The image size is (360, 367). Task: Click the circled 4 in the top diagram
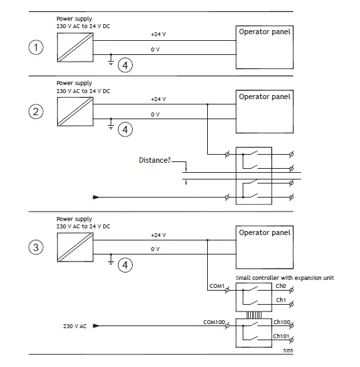point(125,65)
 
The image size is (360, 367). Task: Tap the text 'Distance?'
point(155,161)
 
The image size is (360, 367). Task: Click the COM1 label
point(216,287)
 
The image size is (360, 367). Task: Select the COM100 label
point(214,322)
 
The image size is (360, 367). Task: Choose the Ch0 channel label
point(281,286)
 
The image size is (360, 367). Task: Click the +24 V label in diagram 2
point(158,99)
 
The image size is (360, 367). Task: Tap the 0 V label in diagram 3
point(156,250)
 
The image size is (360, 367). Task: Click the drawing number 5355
point(288,350)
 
